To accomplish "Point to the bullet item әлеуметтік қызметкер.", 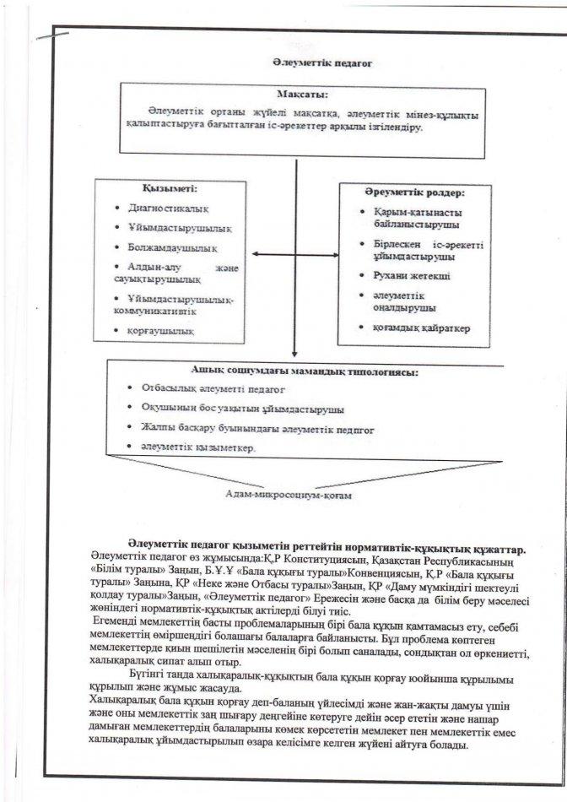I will pyautogui.click(x=197, y=448).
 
